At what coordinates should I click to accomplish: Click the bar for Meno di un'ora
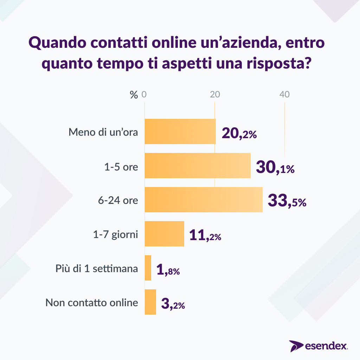tap(180, 131)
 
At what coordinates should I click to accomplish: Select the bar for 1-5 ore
tap(198, 166)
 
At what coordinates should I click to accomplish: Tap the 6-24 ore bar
tap(204, 200)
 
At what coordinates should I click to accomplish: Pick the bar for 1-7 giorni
tap(165, 234)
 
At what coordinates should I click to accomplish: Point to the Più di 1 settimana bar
tap(148, 268)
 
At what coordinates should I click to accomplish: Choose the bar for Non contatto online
tap(150, 302)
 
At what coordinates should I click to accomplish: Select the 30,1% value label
tap(275, 168)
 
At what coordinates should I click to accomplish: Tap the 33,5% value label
tap(287, 201)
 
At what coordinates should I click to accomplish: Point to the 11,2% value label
tap(205, 236)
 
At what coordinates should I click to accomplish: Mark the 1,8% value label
tap(168, 270)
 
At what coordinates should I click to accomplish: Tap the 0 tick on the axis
tap(144, 95)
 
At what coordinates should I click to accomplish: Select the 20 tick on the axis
tap(215, 95)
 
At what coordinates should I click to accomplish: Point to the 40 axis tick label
tap(284, 95)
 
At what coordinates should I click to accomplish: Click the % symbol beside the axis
tap(134, 95)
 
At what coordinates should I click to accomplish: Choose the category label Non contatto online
tap(92, 302)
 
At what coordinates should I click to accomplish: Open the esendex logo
tap(319, 346)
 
